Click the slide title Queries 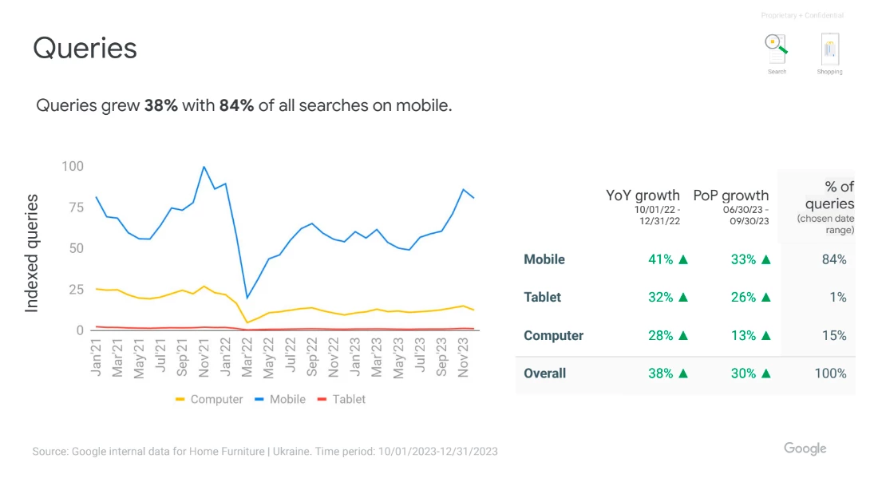85,48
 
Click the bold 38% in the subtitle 161,105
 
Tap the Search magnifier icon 777,49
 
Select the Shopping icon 829,49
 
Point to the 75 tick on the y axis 76,207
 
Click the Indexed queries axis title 32,254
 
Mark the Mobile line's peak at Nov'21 204,167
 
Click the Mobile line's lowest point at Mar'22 247,298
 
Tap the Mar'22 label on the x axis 247,358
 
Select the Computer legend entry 209,399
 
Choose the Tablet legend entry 342,399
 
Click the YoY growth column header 643,196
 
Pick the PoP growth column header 731,196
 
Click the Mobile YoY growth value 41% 660,259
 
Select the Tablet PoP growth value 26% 743,298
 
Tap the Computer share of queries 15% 834,336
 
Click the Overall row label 545,373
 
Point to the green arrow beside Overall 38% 683,373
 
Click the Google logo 805,448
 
